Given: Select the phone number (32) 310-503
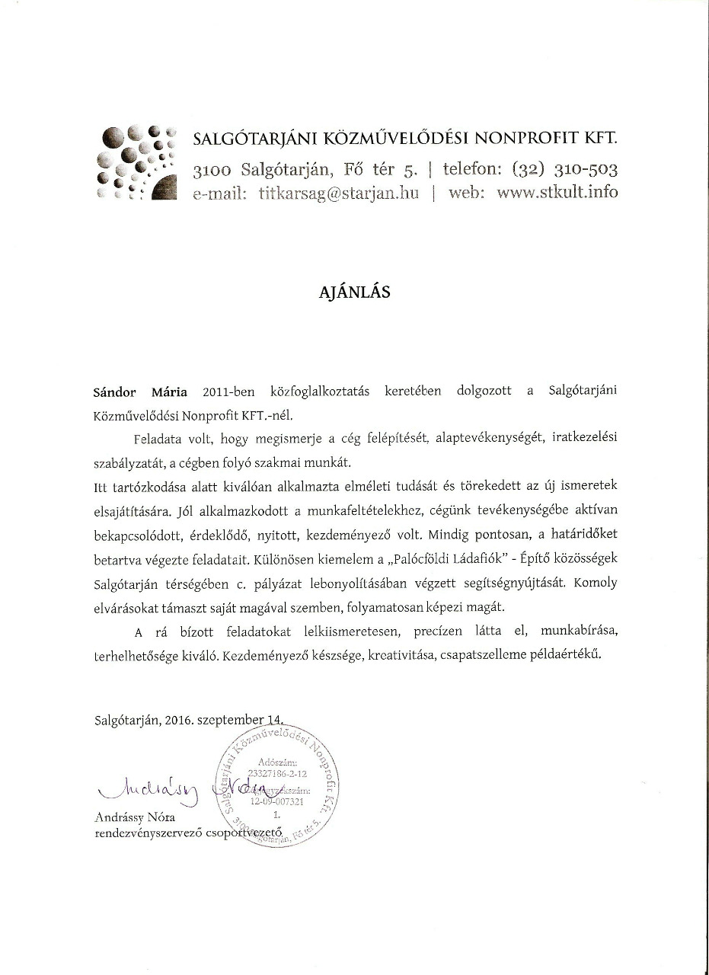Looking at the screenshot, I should (565, 168).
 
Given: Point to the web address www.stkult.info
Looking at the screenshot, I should (557, 192).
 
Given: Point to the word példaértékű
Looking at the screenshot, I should (568, 654).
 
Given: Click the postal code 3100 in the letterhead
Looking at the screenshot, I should (214, 169).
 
